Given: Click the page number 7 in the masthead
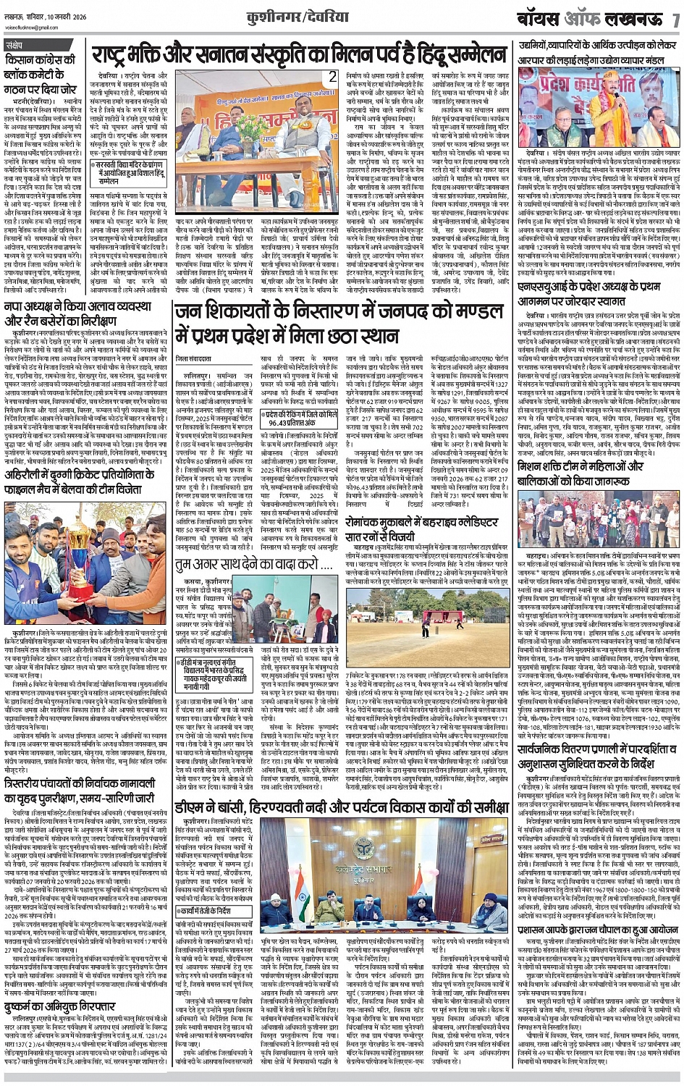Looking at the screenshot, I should (x=675, y=20).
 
